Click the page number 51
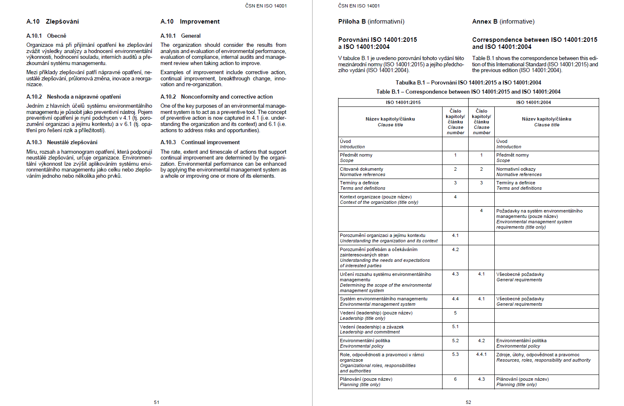pos(156,402)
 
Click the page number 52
pos(468,402)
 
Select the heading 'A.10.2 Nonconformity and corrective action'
pos(216,97)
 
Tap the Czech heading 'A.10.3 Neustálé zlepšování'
pos(62,142)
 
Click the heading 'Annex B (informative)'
pos(503,22)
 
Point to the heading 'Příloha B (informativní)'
pos(371,22)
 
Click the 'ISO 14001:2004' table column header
pos(533,102)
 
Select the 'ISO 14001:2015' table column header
pos(403,102)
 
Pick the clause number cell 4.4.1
pos(481,355)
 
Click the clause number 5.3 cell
pos(455,355)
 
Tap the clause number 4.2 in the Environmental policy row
pos(481,341)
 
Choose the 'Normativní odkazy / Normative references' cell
pos(519,172)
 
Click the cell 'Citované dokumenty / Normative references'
pos(362,172)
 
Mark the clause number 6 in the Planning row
pos(455,379)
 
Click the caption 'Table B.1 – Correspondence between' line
pos(468,92)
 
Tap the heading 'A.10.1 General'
pos(180,36)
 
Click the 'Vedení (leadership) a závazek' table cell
pos(372,329)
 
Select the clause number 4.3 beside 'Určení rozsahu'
pos(455,274)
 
